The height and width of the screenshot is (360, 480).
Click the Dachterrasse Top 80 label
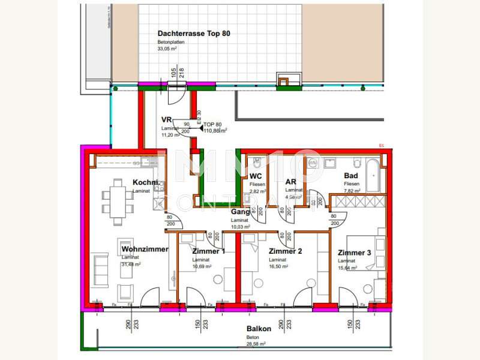tap(193, 34)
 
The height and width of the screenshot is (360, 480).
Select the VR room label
tap(167, 119)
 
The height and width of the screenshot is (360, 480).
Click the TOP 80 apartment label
tap(214, 124)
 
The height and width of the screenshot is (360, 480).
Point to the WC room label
tap(256, 176)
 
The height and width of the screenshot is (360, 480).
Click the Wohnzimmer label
tap(145, 249)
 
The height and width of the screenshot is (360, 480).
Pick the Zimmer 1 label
tap(209, 251)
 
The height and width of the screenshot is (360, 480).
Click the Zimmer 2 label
tap(285, 251)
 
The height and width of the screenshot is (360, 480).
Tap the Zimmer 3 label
tap(355, 253)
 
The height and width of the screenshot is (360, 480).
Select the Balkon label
tap(259, 329)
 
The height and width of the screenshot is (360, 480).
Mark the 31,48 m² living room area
tap(131, 264)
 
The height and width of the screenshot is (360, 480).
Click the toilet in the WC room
tap(256, 163)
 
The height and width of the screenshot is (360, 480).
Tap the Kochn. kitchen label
tap(145, 182)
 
